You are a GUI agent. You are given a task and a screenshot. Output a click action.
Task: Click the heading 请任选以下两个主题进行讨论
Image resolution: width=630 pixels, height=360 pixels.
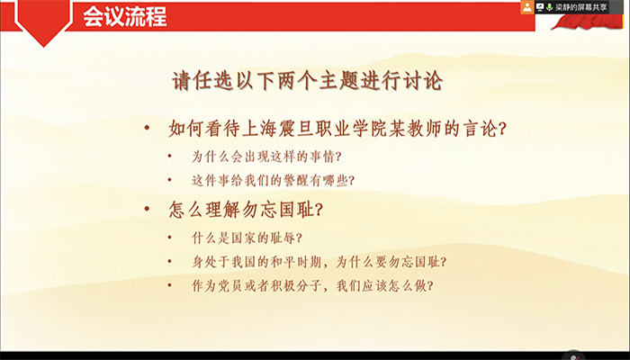tap(308, 80)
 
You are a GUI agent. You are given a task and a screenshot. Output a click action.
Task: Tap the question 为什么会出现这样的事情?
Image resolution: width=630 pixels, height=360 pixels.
tap(267, 156)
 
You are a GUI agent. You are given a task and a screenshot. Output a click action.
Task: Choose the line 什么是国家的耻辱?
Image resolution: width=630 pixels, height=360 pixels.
tap(247, 238)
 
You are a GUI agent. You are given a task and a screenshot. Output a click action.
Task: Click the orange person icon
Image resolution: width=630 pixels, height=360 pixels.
tap(526, 7)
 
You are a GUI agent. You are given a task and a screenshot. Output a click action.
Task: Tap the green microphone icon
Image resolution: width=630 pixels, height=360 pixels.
tap(549, 7)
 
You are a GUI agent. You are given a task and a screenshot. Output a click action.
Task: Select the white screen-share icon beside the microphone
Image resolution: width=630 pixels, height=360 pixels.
tap(539, 7)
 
